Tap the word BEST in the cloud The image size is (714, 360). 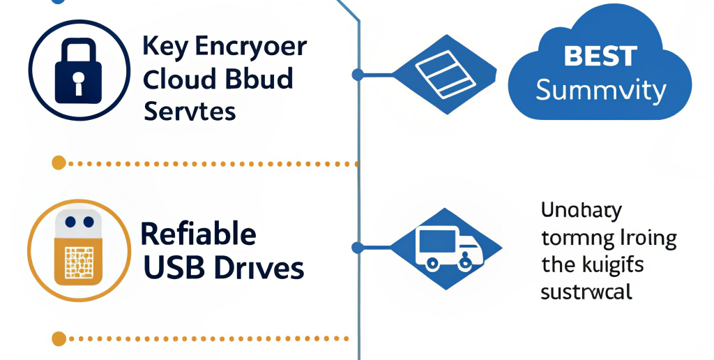(x=600, y=57)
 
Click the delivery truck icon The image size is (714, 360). (x=447, y=248)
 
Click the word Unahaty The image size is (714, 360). (x=581, y=210)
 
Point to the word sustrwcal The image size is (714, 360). (x=586, y=292)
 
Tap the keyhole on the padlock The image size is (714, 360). (x=77, y=77)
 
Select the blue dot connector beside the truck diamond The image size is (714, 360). (x=358, y=247)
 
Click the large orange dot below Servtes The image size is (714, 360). (x=59, y=163)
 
